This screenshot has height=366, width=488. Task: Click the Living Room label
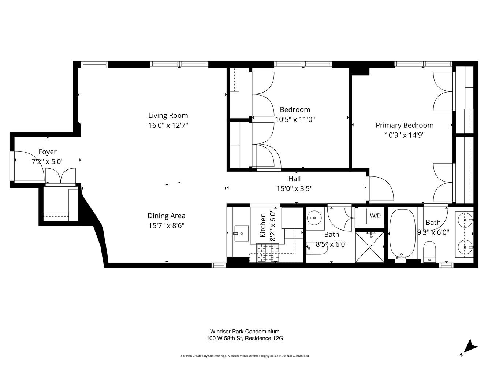tap(168, 115)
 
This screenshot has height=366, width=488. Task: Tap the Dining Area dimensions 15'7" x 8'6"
tap(166, 226)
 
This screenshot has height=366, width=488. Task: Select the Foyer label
tap(48, 152)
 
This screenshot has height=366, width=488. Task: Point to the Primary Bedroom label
tap(405, 125)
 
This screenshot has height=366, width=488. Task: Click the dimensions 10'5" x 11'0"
tap(295, 119)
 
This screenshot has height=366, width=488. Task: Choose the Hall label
tap(294, 179)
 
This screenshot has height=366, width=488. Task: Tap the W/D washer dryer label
tap(375, 216)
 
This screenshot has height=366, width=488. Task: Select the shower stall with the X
tap(370, 247)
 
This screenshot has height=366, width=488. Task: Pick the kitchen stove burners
tap(269, 253)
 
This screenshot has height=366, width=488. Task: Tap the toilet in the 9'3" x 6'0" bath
tap(429, 252)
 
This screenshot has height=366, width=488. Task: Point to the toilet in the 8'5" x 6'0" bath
tap(317, 249)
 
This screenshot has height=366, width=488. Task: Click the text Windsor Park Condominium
tap(245, 332)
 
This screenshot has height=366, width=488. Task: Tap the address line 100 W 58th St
tap(245, 339)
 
